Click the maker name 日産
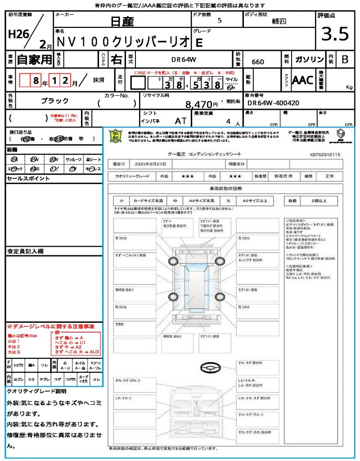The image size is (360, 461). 121,21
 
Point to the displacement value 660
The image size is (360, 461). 258,62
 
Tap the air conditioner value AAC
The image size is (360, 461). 303,81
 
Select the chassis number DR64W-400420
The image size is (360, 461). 273,103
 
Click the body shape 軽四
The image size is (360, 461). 279,21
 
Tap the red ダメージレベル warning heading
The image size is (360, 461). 50,326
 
